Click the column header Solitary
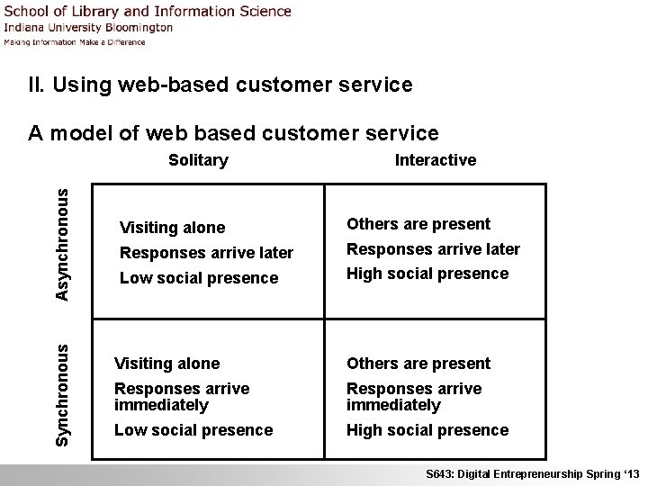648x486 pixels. pos(198,160)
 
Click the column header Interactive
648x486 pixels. pos(436,160)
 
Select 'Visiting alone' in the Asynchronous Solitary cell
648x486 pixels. pos(172,228)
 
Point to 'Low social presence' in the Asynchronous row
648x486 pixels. pos(199,278)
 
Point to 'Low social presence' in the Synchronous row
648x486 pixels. pos(193,430)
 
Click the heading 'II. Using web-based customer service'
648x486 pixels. pos(220,85)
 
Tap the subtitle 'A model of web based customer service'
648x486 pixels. pos(233,134)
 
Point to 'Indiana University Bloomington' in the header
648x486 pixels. pos(88,27)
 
